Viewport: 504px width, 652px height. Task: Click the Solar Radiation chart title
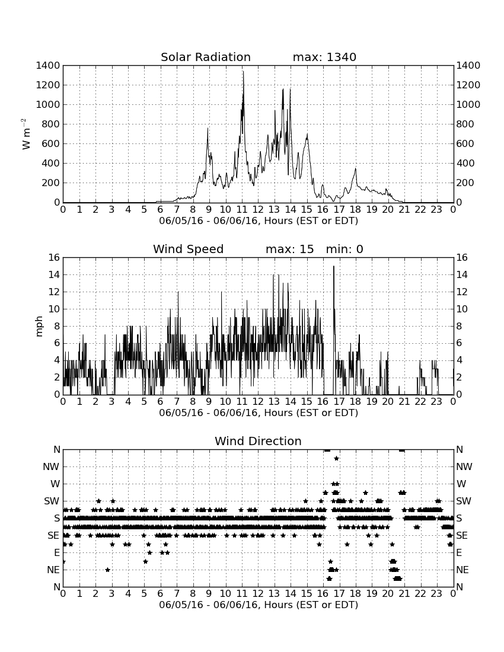pos(205,57)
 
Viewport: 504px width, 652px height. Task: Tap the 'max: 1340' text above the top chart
pos(324,57)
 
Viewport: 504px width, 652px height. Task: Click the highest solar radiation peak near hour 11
pos(243,72)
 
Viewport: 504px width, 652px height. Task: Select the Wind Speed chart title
pos(188,249)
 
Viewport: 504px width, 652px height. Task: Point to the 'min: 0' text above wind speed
pos(344,249)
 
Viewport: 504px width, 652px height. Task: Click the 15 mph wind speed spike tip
pos(333,266)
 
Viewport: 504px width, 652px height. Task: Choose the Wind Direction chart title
pos(258,441)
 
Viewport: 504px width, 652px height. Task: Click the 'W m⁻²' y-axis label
pos(25,134)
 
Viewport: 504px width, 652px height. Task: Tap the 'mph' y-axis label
pos(39,327)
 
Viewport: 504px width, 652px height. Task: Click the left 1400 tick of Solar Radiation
pos(48,65)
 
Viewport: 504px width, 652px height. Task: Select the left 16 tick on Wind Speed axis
pos(54,257)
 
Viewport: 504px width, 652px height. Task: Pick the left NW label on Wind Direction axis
pos(51,467)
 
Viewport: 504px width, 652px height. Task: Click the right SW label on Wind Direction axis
pos(464,501)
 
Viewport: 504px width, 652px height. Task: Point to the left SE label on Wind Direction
pos(53,536)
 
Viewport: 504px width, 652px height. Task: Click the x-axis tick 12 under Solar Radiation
pos(258,210)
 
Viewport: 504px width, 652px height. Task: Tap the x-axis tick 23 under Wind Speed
pos(436,402)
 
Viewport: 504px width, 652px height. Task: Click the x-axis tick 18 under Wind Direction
pos(356,594)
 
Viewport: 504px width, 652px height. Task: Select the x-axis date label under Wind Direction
pos(259,605)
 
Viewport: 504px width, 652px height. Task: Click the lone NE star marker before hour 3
pos(107,570)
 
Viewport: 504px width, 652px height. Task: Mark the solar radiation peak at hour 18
pos(356,168)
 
